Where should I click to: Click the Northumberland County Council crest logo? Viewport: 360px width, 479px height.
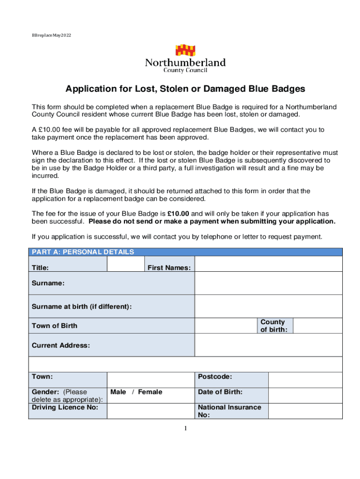tap(185, 51)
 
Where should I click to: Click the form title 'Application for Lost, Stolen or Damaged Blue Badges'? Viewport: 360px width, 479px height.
tap(185, 89)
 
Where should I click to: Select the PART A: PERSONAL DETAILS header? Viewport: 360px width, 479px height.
tap(83, 252)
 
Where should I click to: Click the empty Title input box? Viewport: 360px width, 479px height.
tap(125, 264)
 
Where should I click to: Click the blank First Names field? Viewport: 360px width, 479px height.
tap(268, 264)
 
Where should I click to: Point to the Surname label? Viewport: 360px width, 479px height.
tap(48, 283)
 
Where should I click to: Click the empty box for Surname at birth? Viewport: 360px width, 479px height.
tap(268, 307)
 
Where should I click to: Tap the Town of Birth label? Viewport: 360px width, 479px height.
tap(54, 326)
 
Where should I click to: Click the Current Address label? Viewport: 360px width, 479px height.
tap(60, 346)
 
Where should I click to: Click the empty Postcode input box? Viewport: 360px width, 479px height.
tap(305, 380)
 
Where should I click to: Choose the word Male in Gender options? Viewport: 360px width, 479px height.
tap(118, 392)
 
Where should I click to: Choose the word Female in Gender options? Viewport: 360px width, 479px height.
tap(150, 392)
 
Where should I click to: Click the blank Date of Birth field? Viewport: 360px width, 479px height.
tap(305, 395)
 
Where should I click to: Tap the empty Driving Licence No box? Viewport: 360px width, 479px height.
tap(151, 411)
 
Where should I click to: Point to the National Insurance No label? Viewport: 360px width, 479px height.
tap(230, 411)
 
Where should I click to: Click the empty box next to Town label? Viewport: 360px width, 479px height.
tap(151, 380)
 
